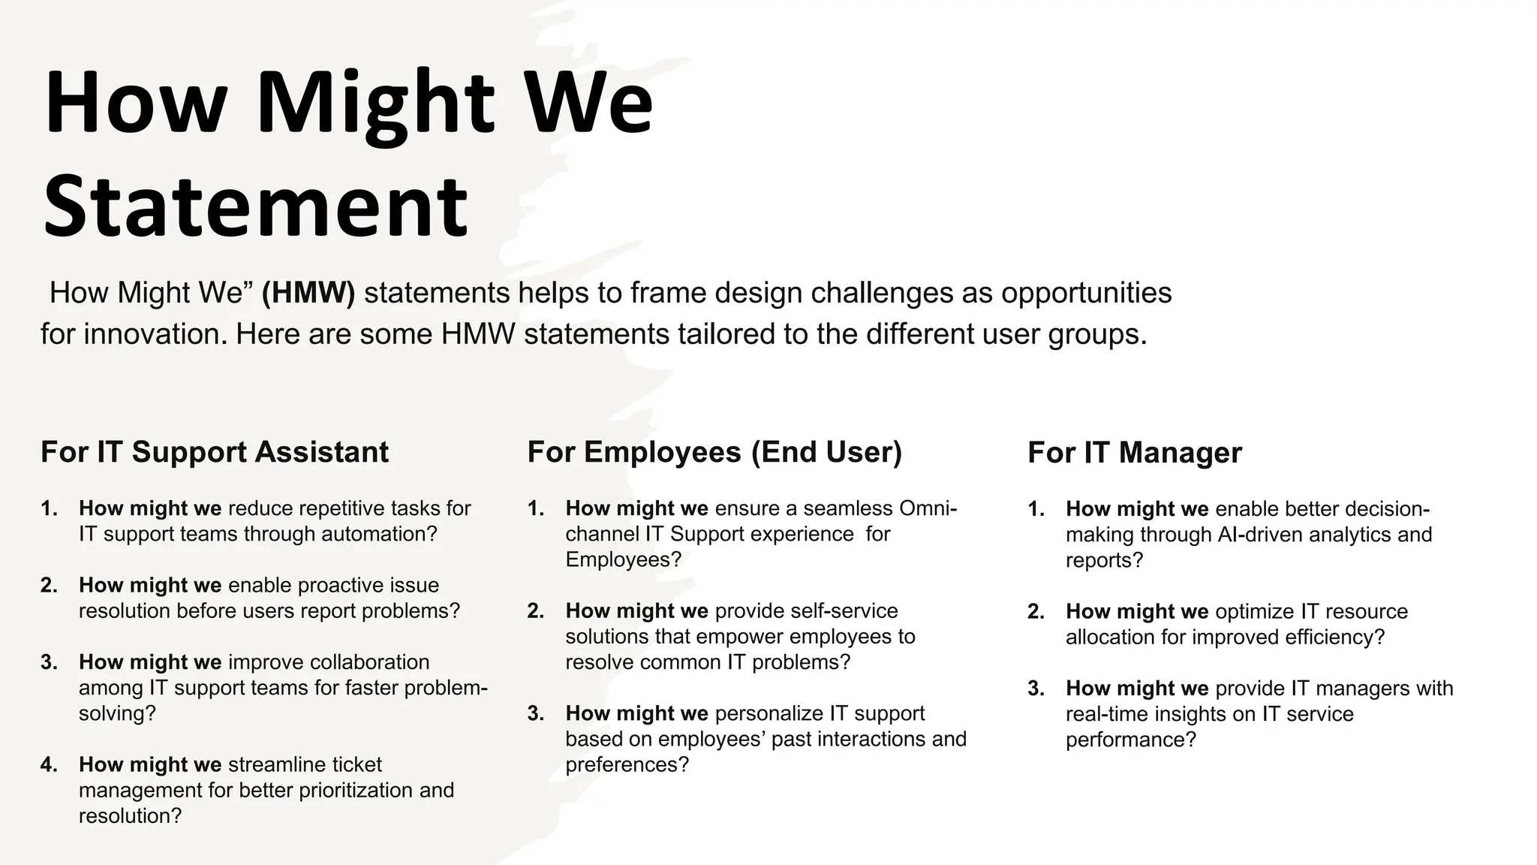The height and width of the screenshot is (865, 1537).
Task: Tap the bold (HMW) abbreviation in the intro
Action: pyautogui.click(x=308, y=292)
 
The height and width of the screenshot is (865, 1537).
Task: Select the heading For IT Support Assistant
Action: pyautogui.click(x=215, y=452)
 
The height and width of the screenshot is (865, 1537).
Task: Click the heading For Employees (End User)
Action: pyautogui.click(x=714, y=452)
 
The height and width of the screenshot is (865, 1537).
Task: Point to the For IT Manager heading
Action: pyautogui.click(x=1134, y=453)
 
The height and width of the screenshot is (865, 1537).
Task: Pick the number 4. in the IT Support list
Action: pyautogui.click(x=50, y=764)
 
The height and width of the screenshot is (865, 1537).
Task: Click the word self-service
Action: pyautogui.click(x=844, y=610)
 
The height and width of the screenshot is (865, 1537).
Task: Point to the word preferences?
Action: pyautogui.click(x=627, y=764)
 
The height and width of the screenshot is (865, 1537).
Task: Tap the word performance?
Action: pyautogui.click(x=1130, y=740)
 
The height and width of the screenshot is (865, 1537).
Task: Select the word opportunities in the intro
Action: pyautogui.click(x=1086, y=292)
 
